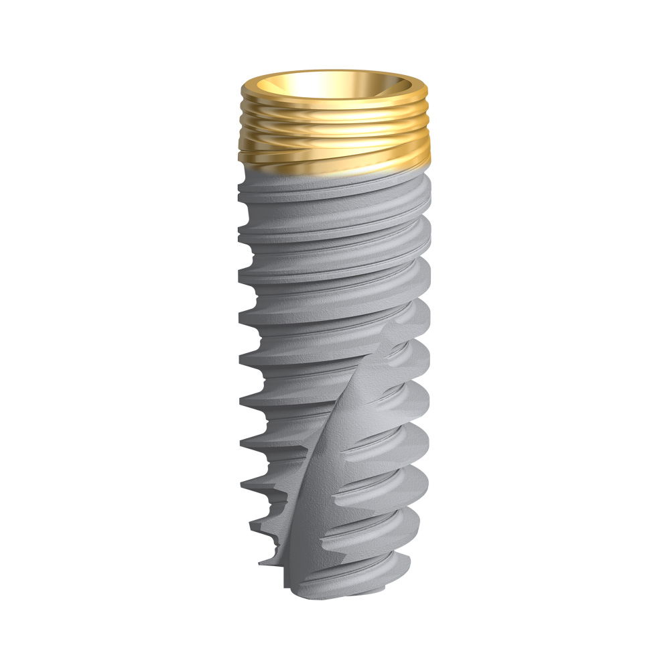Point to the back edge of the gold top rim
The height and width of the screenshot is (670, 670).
point(333,72)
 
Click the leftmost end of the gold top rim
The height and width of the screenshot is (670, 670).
point(241,91)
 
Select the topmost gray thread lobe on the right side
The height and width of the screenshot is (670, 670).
point(425,194)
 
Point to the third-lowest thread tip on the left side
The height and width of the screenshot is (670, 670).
point(243,481)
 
